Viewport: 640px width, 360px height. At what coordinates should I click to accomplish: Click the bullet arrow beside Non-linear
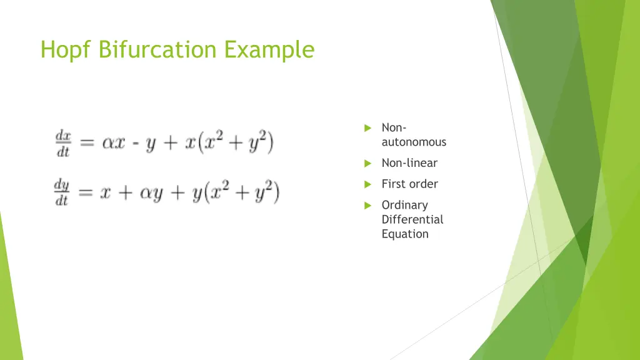368,164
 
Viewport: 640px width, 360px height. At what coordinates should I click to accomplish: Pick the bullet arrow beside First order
368,184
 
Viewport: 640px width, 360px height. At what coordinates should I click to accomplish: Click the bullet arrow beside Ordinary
368,206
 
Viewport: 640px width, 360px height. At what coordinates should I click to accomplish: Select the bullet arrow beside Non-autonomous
368,128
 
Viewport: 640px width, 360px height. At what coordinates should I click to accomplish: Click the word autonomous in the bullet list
414,142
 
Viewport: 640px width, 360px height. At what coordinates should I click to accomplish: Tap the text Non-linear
409,163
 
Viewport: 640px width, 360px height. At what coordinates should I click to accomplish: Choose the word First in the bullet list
392,184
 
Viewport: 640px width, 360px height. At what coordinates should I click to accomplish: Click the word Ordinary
404,205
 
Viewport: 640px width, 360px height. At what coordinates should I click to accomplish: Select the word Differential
412,219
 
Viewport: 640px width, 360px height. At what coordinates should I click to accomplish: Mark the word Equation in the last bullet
405,234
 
